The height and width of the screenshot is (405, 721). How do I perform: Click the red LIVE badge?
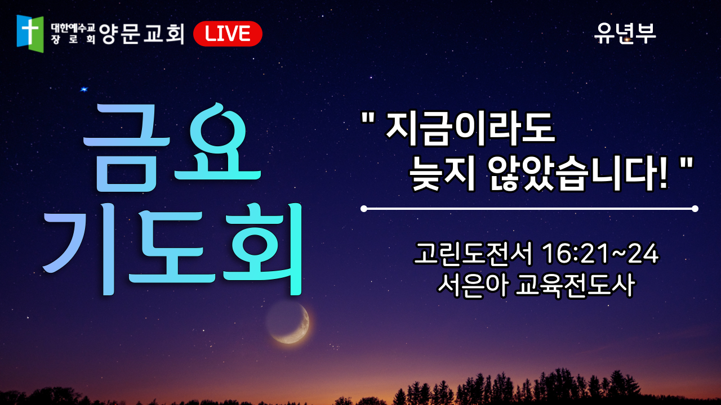click(x=228, y=34)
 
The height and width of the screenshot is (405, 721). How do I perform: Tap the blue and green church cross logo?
click(x=30, y=33)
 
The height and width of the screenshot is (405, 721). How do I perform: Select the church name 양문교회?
click(x=141, y=33)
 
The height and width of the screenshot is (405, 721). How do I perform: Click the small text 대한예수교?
click(x=73, y=28)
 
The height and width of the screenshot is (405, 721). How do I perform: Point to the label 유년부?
click(x=625, y=33)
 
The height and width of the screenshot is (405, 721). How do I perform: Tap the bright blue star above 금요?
click(x=84, y=89)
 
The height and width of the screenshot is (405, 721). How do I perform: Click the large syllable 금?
click(x=126, y=148)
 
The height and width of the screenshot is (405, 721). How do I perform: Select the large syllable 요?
click(x=217, y=141)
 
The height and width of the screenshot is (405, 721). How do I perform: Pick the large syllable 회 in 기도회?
click(x=263, y=249)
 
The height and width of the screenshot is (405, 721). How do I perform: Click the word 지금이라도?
click(x=470, y=128)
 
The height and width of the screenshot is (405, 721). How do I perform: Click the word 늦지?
click(x=442, y=175)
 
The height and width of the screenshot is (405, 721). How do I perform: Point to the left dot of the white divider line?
click(x=364, y=209)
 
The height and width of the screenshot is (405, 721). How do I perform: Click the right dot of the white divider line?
click(x=695, y=209)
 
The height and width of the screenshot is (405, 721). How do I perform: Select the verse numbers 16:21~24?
click(x=600, y=254)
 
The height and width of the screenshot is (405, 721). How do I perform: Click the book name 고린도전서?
click(x=473, y=254)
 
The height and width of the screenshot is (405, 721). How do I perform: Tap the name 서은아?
click(x=473, y=285)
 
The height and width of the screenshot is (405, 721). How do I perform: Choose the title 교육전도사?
click(x=575, y=285)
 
